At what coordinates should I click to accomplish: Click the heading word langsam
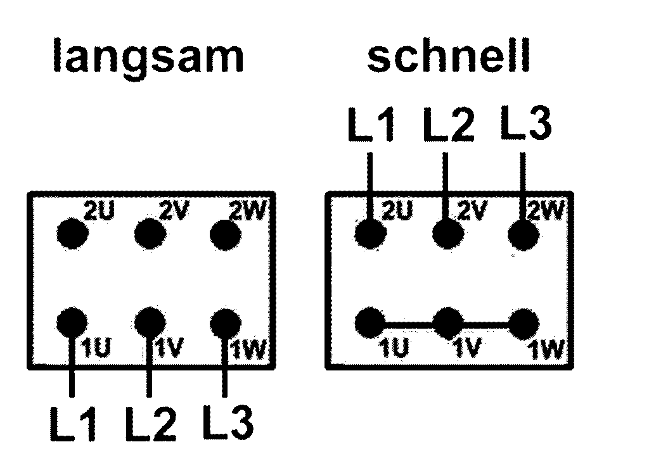(148, 57)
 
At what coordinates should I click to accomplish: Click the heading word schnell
(449, 55)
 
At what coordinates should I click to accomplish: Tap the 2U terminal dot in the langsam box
(72, 234)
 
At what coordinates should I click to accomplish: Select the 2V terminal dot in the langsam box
(150, 234)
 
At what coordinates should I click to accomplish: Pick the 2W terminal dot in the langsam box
(226, 235)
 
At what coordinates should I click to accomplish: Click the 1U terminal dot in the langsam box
(72, 323)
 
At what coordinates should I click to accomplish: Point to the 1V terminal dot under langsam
(150, 322)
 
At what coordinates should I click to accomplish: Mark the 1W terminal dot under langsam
(226, 324)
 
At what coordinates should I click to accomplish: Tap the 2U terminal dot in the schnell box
(370, 234)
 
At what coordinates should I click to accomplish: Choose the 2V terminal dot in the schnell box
(448, 234)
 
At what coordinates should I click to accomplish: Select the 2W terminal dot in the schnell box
(524, 235)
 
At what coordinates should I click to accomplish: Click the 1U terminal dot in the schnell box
(370, 323)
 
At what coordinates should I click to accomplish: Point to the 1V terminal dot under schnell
(448, 323)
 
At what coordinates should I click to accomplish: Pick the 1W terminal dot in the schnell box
(524, 324)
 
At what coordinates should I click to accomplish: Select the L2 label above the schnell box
(449, 124)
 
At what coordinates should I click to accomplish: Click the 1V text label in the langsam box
(170, 347)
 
